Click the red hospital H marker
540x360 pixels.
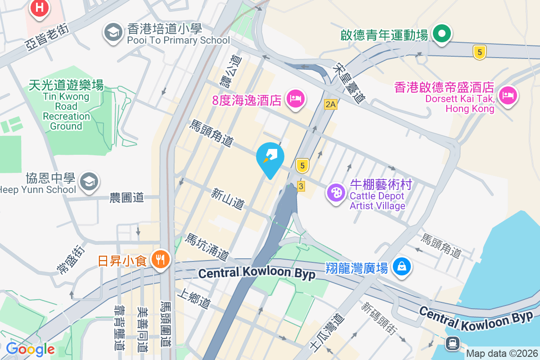click(40, 8)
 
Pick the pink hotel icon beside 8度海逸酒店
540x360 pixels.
click(295, 98)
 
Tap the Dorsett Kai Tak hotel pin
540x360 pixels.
click(508, 95)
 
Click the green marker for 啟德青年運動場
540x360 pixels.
click(442, 34)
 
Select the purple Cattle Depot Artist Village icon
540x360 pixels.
click(336, 193)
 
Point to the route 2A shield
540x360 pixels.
click(331, 104)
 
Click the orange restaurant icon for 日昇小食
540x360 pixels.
click(160, 259)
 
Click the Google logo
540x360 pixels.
click(30, 349)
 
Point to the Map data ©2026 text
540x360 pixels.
click(502, 354)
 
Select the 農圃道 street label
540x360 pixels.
click(126, 197)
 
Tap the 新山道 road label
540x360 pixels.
click(228, 199)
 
